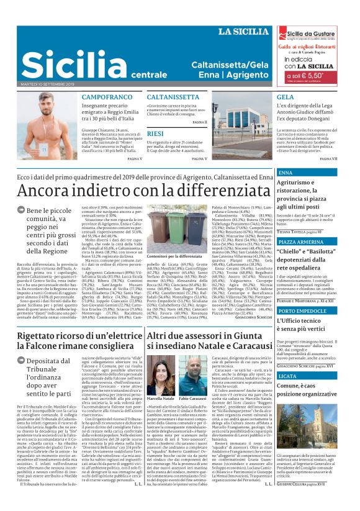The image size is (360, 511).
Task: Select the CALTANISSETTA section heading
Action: click(173, 97)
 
